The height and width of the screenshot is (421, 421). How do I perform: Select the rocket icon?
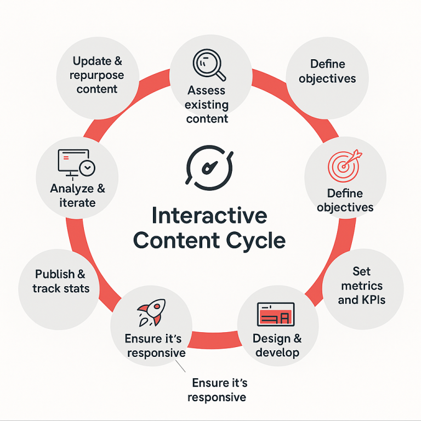pos(151,314)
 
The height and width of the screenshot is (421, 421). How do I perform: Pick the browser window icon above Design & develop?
pos(276,315)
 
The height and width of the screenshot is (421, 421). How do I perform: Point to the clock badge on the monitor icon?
pos(87,168)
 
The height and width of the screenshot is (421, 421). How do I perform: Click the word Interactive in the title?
pos(209,215)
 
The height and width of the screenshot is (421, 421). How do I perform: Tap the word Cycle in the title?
pos(258,241)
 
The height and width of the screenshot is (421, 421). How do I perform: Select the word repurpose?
pos(96,75)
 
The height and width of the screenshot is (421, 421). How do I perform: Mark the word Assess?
pos(206,90)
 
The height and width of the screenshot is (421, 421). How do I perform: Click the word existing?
pos(206,104)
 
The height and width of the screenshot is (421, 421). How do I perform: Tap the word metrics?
pos(361,286)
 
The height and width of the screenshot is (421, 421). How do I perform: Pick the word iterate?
pos(77,203)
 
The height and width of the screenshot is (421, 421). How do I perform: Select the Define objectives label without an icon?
pos(327,71)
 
